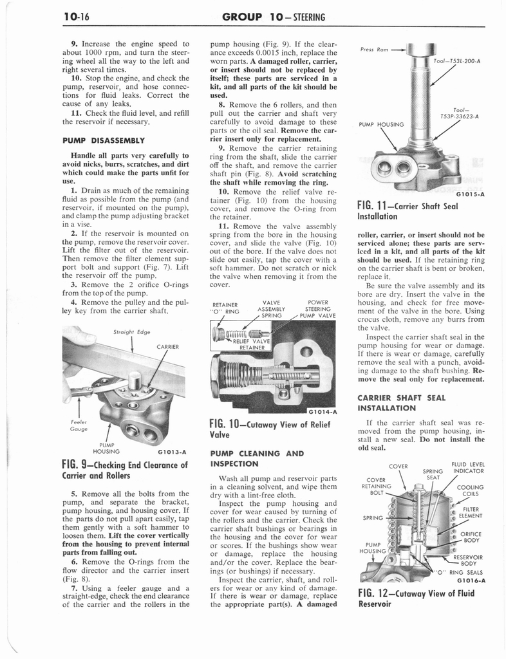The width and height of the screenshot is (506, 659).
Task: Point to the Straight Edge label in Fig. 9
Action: [x=131, y=333]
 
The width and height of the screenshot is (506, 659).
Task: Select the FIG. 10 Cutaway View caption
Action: [x=270, y=429]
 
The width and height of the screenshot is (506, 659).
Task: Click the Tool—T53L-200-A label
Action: [x=458, y=62]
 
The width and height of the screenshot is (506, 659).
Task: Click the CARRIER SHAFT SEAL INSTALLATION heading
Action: [x=401, y=402]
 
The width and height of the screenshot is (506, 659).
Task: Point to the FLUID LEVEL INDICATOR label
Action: [x=468, y=468]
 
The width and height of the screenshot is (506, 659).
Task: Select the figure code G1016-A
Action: [x=470, y=579]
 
